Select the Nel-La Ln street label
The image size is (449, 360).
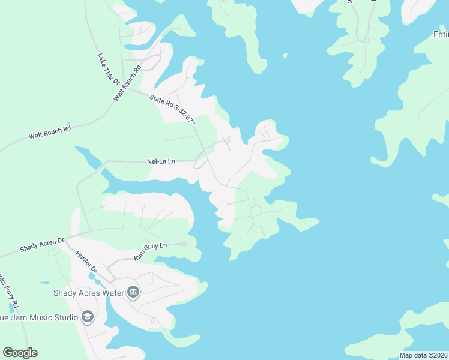pyautogui.click(x=161, y=161)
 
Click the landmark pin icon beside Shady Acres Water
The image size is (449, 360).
pyautogui.click(x=133, y=293)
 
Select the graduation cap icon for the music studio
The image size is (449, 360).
pyautogui.click(x=88, y=317)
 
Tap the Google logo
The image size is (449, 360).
pyautogui.click(x=20, y=353)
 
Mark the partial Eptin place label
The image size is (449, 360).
pyautogui.click(x=441, y=34)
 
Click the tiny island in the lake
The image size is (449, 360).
pyautogui.click(x=285, y=57)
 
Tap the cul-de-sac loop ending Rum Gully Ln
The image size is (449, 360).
pyautogui.click(x=184, y=244)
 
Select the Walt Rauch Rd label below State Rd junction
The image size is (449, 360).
pyautogui.click(x=50, y=132)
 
